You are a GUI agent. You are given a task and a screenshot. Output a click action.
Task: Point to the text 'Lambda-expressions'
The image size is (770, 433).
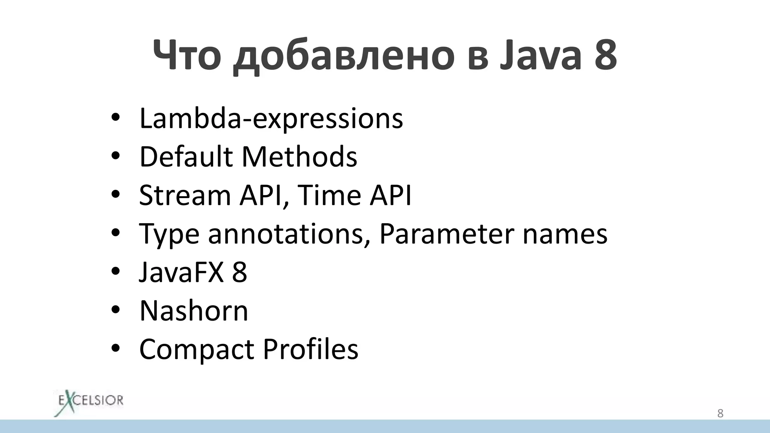[x=271, y=119]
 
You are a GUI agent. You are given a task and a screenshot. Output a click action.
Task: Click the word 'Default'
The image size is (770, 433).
[x=186, y=156]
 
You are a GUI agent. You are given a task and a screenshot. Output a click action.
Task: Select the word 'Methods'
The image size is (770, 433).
[x=299, y=156]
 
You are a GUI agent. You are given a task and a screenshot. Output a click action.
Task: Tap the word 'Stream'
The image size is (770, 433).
[x=185, y=195]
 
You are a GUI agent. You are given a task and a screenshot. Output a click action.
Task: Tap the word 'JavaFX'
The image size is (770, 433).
[x=182, y=272]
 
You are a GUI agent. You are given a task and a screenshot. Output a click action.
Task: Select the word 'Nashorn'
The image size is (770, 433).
[x=194, y=311]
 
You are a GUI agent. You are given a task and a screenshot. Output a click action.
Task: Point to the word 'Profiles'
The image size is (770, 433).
[x=311, y=349]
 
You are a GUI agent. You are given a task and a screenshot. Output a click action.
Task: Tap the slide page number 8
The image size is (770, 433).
[x=720, y=413]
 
